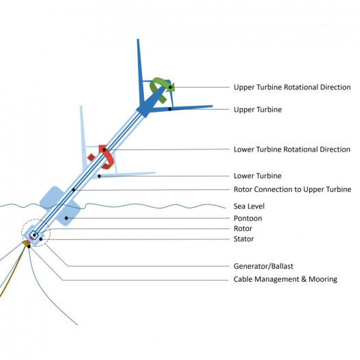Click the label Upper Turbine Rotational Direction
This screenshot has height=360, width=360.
pos(292,87)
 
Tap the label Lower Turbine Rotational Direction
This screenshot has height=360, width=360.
pos(292,149)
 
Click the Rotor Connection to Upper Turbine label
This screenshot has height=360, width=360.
pos(292,189)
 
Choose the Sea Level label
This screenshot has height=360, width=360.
pos(249,206)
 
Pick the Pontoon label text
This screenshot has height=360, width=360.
pos(248,218)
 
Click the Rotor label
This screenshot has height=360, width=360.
pos(243,228)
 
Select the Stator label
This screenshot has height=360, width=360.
pos(244,239)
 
